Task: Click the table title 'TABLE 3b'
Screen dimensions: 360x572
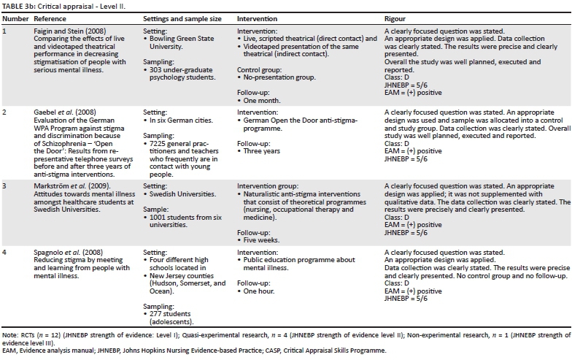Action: tap(21, 5)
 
